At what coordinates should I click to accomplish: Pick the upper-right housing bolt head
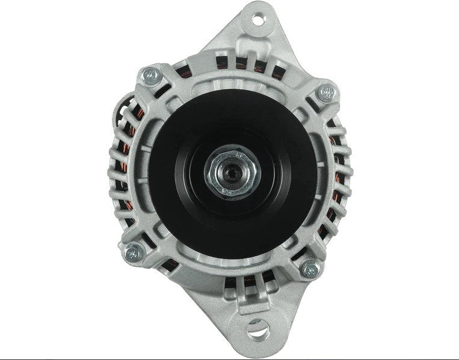tap(327, 92)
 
